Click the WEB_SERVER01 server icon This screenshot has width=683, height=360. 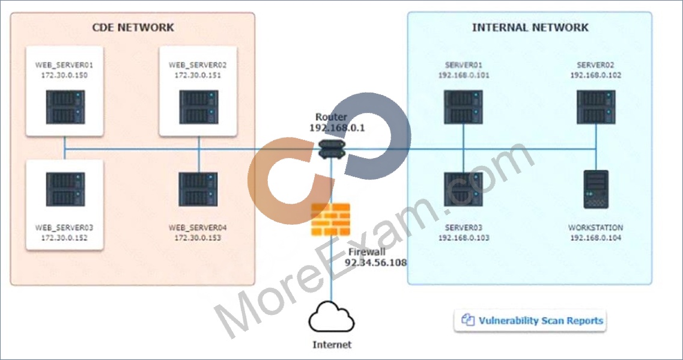65,107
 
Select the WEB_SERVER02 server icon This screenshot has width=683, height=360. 199,107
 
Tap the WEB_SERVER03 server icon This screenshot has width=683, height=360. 65,189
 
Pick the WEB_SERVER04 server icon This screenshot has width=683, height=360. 198,189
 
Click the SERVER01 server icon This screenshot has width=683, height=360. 463,107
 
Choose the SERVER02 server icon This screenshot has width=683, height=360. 596,107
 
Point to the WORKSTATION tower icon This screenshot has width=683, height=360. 596,189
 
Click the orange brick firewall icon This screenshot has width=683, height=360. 330,219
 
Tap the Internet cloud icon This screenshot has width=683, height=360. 332,317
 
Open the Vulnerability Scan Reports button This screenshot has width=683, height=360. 530,321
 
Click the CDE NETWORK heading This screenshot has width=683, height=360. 133,28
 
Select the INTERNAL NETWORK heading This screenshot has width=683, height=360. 530,28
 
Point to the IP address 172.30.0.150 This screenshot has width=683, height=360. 64,75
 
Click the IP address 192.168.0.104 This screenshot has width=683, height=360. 595,237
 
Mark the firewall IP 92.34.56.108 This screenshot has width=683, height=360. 376,263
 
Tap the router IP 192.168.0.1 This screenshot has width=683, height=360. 337,127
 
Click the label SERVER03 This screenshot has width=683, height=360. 464,228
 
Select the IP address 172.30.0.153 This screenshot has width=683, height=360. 198,237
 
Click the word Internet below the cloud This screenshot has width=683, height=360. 332,345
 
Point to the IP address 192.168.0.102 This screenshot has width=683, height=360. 596,75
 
